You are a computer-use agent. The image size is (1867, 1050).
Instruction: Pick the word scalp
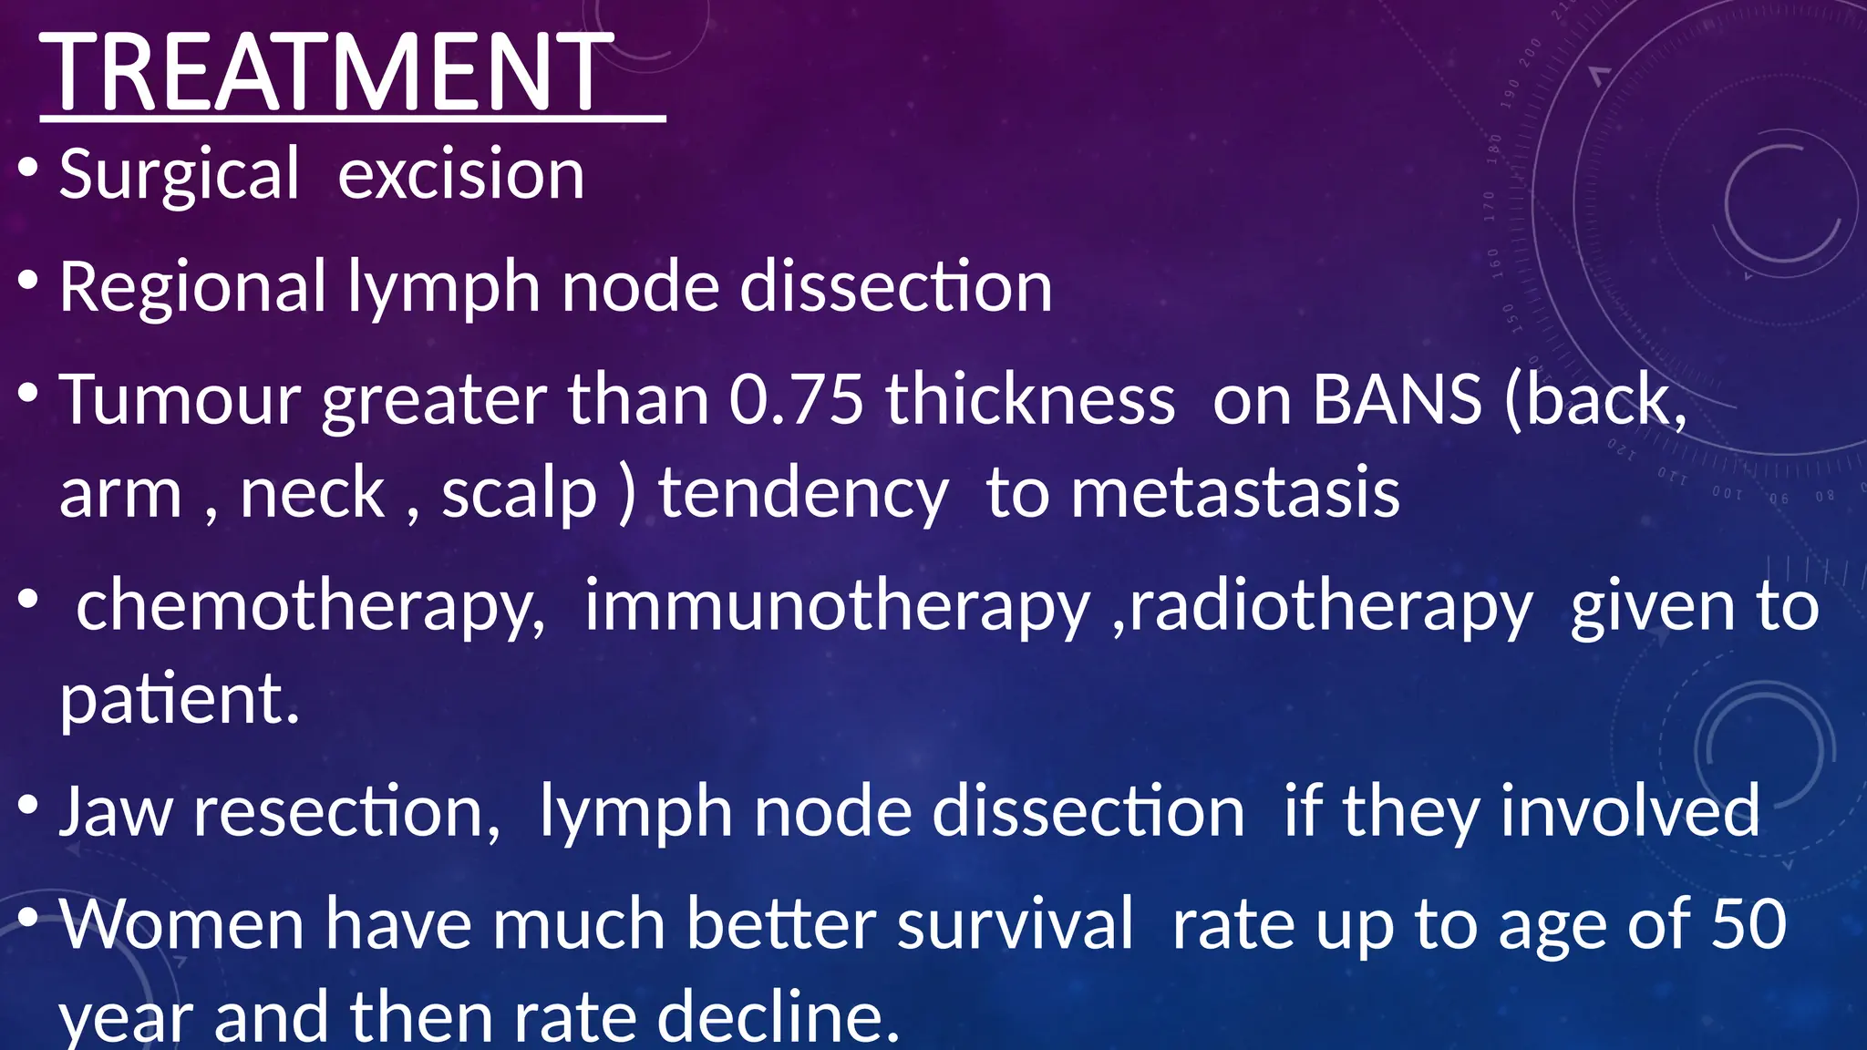point(519,493)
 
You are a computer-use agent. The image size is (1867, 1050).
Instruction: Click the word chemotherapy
point(310,607)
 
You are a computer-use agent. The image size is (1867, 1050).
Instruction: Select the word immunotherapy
point(836,607)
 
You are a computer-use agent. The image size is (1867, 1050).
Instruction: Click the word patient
point(179,700)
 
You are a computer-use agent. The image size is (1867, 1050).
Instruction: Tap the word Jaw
point(115,811)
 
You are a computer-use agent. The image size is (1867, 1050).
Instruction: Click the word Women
point(181,924)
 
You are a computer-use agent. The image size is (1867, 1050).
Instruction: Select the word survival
point(1016,924)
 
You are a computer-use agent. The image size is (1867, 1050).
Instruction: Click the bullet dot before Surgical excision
point(28,169)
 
